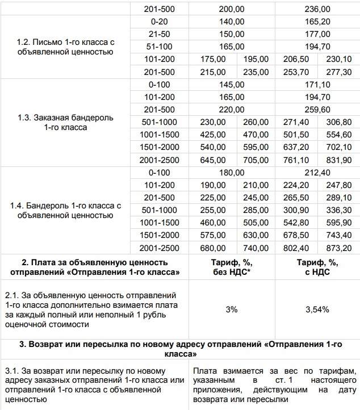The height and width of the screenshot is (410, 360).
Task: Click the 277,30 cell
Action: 338,72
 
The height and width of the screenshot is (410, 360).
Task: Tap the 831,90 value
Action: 338,160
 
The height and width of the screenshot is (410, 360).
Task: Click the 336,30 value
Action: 338,210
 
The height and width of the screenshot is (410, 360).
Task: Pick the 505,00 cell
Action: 256,223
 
